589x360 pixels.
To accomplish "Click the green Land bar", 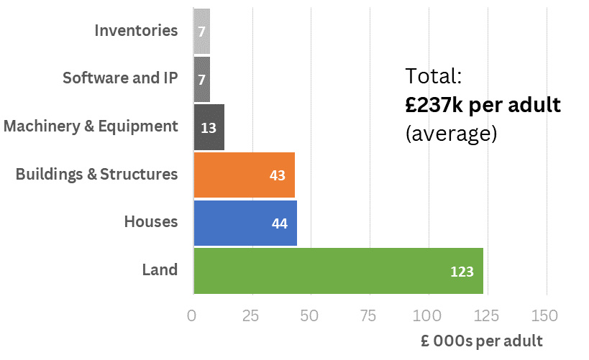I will (338, 271).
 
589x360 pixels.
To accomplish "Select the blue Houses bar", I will (245, 223).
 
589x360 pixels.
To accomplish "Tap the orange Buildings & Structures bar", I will (244, 175).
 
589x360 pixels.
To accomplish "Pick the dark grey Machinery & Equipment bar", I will (209, 127).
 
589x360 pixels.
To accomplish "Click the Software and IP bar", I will (202, 78).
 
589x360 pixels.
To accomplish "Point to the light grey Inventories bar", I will (202, 31).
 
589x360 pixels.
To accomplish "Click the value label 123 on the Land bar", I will (462, 272).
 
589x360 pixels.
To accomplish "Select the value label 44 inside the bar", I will (280, 223).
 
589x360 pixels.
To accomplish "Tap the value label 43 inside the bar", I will (278, 175).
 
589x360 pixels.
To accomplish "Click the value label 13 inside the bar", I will (209, 128).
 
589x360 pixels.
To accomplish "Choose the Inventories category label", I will (136, 31).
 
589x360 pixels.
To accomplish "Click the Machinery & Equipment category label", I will (91, 126).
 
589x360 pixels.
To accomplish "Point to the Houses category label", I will (150, 222).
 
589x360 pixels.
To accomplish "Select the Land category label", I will (160, 270).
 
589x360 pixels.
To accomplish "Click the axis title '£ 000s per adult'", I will (482, 340).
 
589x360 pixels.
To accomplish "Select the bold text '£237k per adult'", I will (483, 105).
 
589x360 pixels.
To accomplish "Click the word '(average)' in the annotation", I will (451, 134).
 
